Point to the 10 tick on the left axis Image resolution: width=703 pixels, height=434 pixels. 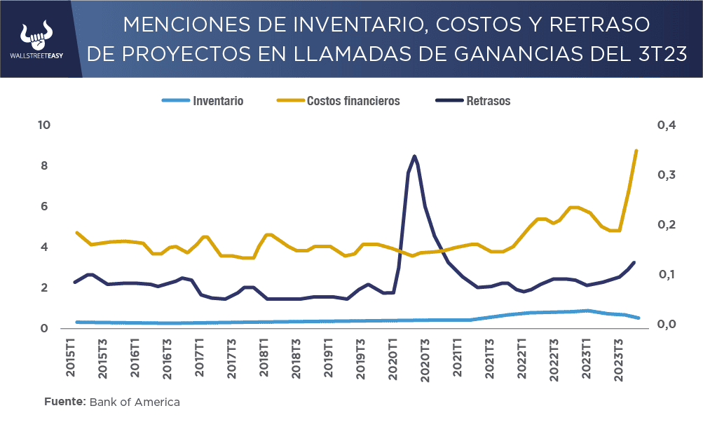[45, 126]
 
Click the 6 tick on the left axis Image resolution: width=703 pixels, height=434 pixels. [45, 207]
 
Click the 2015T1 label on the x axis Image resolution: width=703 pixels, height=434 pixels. [71, 360]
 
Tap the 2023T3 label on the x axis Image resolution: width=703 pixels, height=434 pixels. [619, 360]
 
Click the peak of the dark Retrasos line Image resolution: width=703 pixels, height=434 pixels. [414, 156]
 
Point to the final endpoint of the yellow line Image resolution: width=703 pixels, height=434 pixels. [636, 151]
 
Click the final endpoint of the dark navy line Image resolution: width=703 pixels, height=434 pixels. [634, 263]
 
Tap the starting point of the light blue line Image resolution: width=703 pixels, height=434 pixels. [76, 322]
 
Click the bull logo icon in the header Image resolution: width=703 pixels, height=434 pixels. [38, 33]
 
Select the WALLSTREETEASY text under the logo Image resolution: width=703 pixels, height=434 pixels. [38, 56]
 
